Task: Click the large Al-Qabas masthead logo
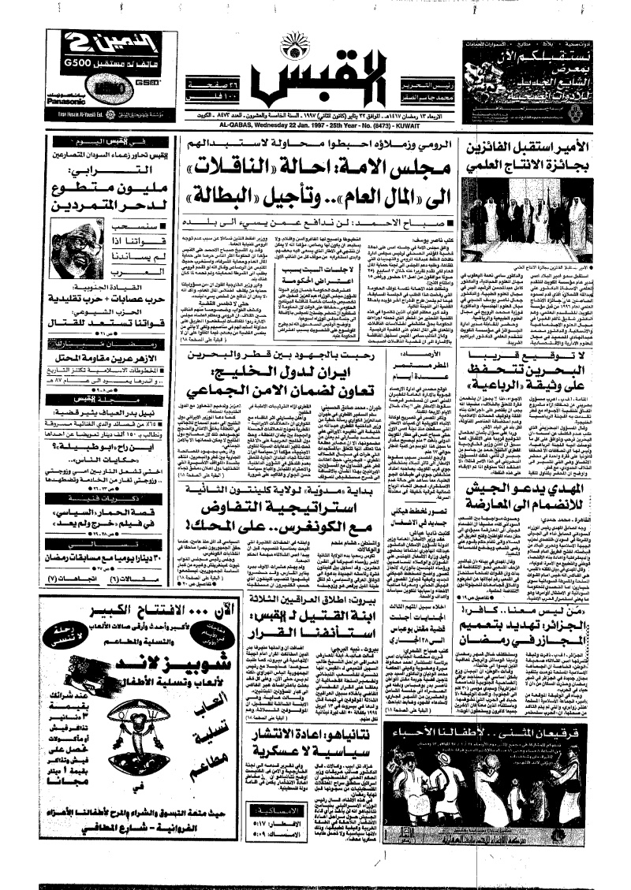pos(316,76)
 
